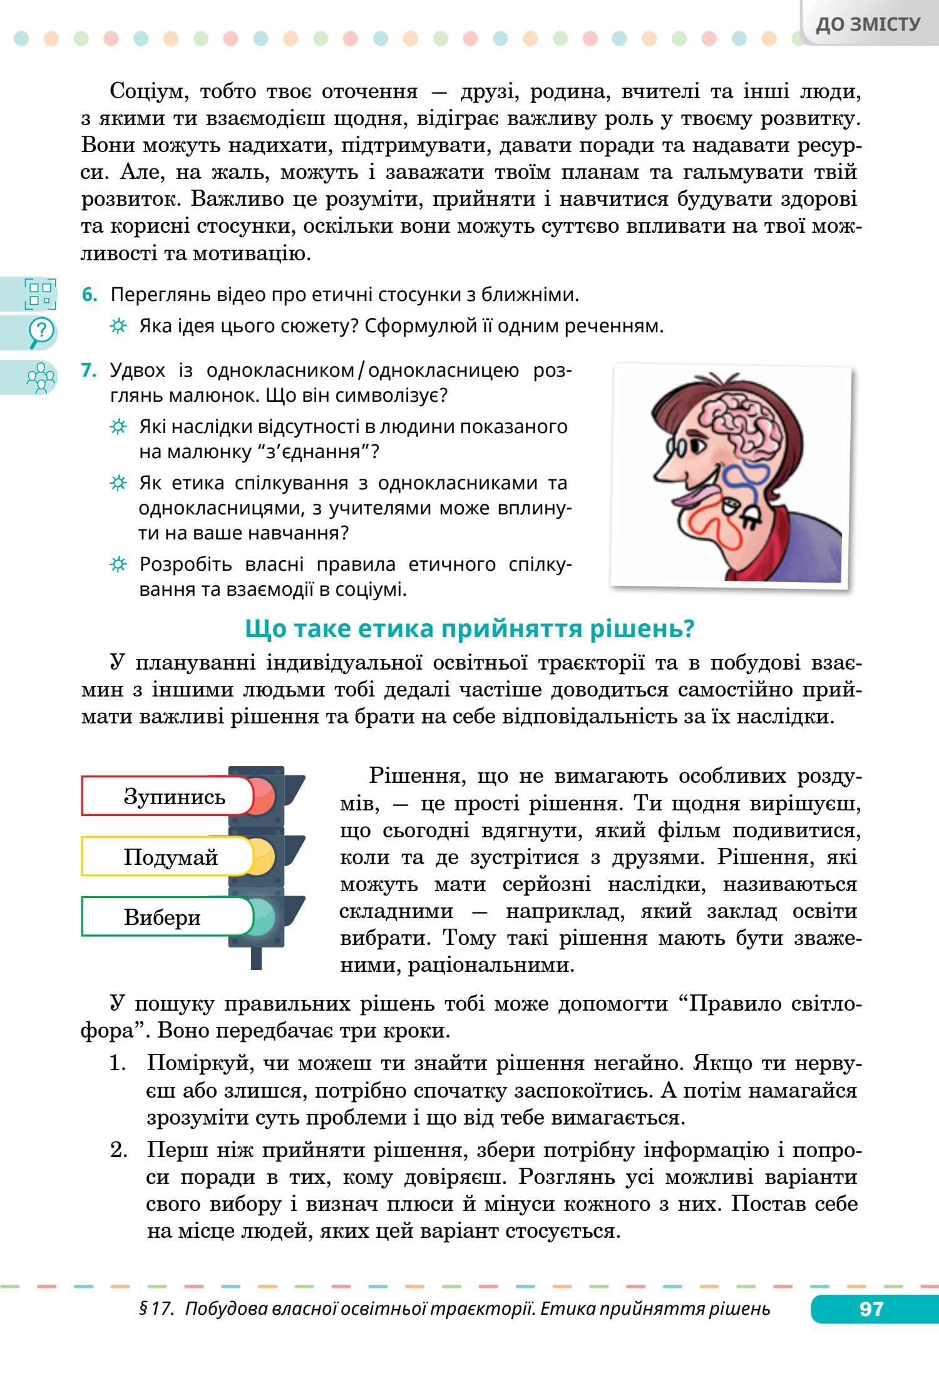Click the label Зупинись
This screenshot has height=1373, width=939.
(x=174, y=797)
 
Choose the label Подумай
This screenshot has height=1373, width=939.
(x=170, y=857)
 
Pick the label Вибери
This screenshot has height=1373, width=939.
(x=162, y=917)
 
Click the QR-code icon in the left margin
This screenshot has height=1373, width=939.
(x=39, y=293)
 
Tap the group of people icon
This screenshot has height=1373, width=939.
(x=41, y=377)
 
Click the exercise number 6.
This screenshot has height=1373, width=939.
(x=90, y=295)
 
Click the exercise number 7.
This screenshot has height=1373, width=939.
(x=90, y=370)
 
